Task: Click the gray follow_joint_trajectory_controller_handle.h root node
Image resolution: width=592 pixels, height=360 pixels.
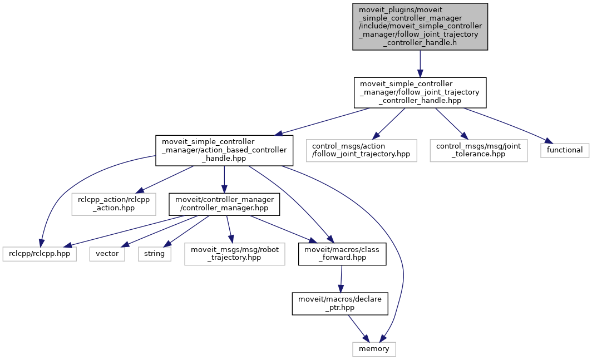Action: pyautogui.click(x=420, y=27)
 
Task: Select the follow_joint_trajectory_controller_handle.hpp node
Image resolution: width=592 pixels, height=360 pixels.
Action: pyautogui.click(x=420, y=92)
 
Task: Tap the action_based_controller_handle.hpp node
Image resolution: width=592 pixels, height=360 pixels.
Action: pyautogui.click(x=224, y=150)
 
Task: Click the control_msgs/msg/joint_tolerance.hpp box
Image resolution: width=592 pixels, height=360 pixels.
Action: pyautogui.click(x=478, y=150)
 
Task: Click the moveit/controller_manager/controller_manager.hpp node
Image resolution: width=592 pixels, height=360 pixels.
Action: pyautogui.click(x=224, y=205)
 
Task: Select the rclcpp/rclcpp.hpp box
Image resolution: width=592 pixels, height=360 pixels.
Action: pyautogui.click(x=39, y=254)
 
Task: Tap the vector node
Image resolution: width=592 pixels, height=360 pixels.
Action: pyautogui.click(x=107, y=254)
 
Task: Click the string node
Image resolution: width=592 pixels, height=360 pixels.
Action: pyautogui.click(x=154, y=254)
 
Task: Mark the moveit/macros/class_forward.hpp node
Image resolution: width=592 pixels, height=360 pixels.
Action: pyautogui.click(x=343, y=254)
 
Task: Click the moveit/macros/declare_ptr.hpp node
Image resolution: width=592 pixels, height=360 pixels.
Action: pyautogui.click(x=341, y=303)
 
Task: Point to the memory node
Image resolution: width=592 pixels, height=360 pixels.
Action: pyautogui.click(x=374, y=349)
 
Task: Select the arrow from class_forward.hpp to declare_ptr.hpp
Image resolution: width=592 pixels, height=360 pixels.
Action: pyautogui.click(x=342, y=278)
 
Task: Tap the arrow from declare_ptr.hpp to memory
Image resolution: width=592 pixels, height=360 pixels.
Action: pyautogui.click(x=357, y=327)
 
